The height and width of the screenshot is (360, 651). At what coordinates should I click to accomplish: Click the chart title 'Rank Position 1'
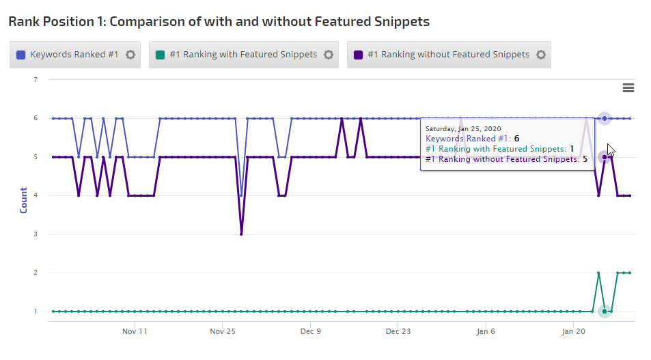click(219, 21)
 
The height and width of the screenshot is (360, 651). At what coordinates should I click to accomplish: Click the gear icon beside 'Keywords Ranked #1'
click(130, 55)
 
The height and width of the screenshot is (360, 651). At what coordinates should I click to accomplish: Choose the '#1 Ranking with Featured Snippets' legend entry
click(236, 55)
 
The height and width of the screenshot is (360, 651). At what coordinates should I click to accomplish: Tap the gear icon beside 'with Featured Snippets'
click(329, 55)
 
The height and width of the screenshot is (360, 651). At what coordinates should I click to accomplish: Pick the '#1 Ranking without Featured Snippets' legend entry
click(441, 55)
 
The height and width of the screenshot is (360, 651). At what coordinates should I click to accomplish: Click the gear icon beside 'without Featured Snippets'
click(541, 55)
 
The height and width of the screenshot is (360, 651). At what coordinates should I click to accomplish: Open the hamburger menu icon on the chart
click(628, 87)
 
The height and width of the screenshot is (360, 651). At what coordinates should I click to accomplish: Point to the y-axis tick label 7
click(35, 79)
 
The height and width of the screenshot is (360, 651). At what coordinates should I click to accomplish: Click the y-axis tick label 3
click(35, 234)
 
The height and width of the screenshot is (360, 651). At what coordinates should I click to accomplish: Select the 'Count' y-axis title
click(24, 200)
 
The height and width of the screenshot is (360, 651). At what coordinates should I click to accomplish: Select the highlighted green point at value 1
click(605, 311)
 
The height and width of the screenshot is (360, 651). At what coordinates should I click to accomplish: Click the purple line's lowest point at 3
click(241, 234)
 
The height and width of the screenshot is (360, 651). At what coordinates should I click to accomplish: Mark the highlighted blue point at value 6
click(605, 118)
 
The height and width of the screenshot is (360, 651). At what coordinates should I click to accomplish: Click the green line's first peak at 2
click(598, 273)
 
